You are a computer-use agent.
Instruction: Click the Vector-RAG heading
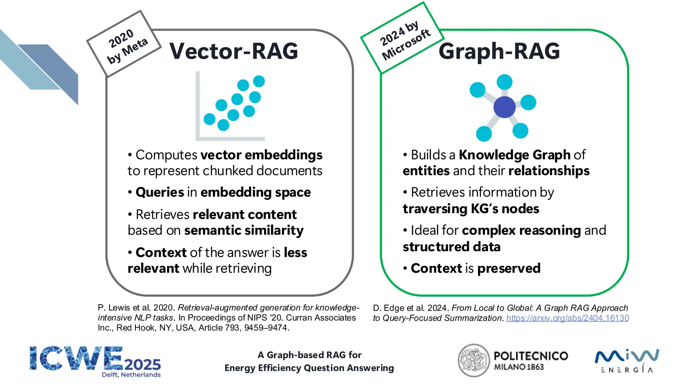(x=233, y=51)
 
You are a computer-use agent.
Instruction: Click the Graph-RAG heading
(x=499, y=51)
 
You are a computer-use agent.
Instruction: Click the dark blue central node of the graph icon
(x=504, y=107)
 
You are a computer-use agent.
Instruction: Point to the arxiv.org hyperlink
(x=567, y=318)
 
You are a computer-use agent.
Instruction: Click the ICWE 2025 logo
(x=95, y=361)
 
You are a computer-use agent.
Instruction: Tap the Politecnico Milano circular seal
(x=474, y=360)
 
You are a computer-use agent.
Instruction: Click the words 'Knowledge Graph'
(x=515, y=155)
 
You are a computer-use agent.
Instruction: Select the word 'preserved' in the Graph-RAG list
(x=509, y=268)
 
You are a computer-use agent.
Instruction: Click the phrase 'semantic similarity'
(x=244, y=230)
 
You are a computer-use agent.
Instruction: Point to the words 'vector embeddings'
(x=261, y=155)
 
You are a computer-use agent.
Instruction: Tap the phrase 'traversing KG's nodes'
(x=471, y=209)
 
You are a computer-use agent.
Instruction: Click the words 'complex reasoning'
(x=521, y=230)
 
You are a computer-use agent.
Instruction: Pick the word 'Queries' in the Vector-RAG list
(x=160, y=192)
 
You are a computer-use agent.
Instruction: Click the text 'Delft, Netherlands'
(x=131, y=375)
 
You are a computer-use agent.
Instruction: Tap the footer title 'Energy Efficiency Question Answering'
(x=309, y=368)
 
